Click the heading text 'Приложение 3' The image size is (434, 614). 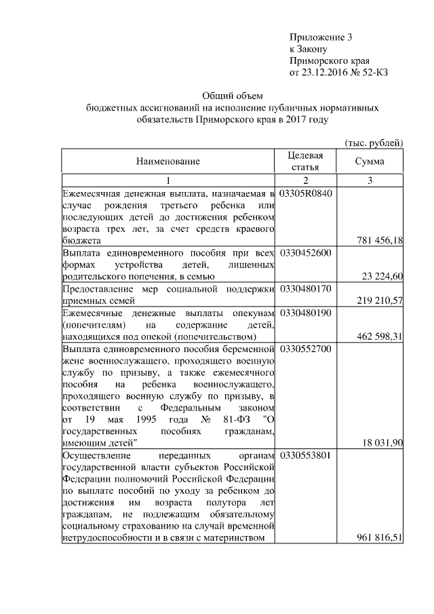coord(321,37)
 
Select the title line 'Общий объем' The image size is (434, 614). coord(232,96)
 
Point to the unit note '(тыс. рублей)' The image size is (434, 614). coord(374,142)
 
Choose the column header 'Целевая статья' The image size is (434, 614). coord(305,161)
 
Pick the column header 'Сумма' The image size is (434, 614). coord(370,161)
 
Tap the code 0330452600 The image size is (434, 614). coord(305,253)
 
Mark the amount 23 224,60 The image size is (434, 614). coord(382,276)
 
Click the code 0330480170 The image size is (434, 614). coord(305,289)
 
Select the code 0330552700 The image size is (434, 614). coord(305,349)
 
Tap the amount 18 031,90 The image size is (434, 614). coord(382,443)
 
